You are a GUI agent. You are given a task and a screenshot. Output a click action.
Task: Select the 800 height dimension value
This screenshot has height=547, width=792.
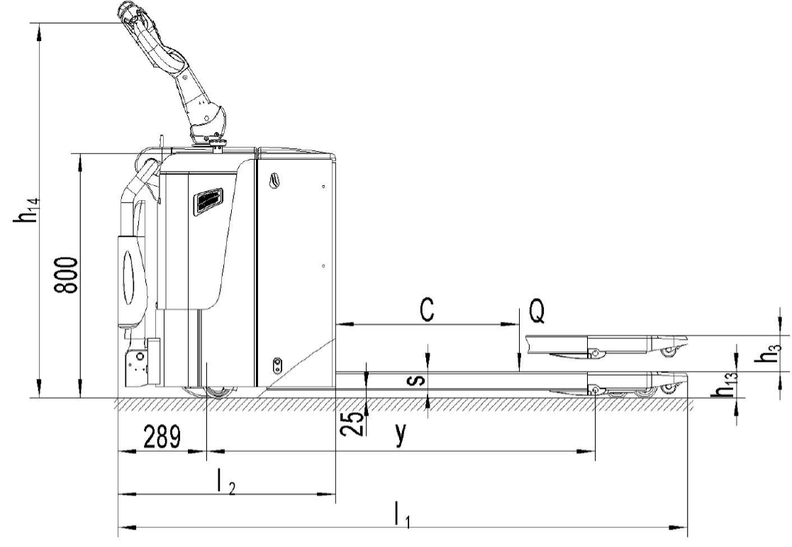point(67,275)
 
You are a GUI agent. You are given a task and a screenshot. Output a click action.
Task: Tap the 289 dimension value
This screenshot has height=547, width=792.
point(162,437)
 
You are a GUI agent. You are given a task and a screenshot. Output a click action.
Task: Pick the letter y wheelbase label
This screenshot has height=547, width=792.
point(401,434)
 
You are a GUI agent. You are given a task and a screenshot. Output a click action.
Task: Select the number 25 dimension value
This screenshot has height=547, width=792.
point(352,423)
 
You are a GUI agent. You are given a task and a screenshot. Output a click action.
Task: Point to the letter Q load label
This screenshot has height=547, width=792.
point(537,311)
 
